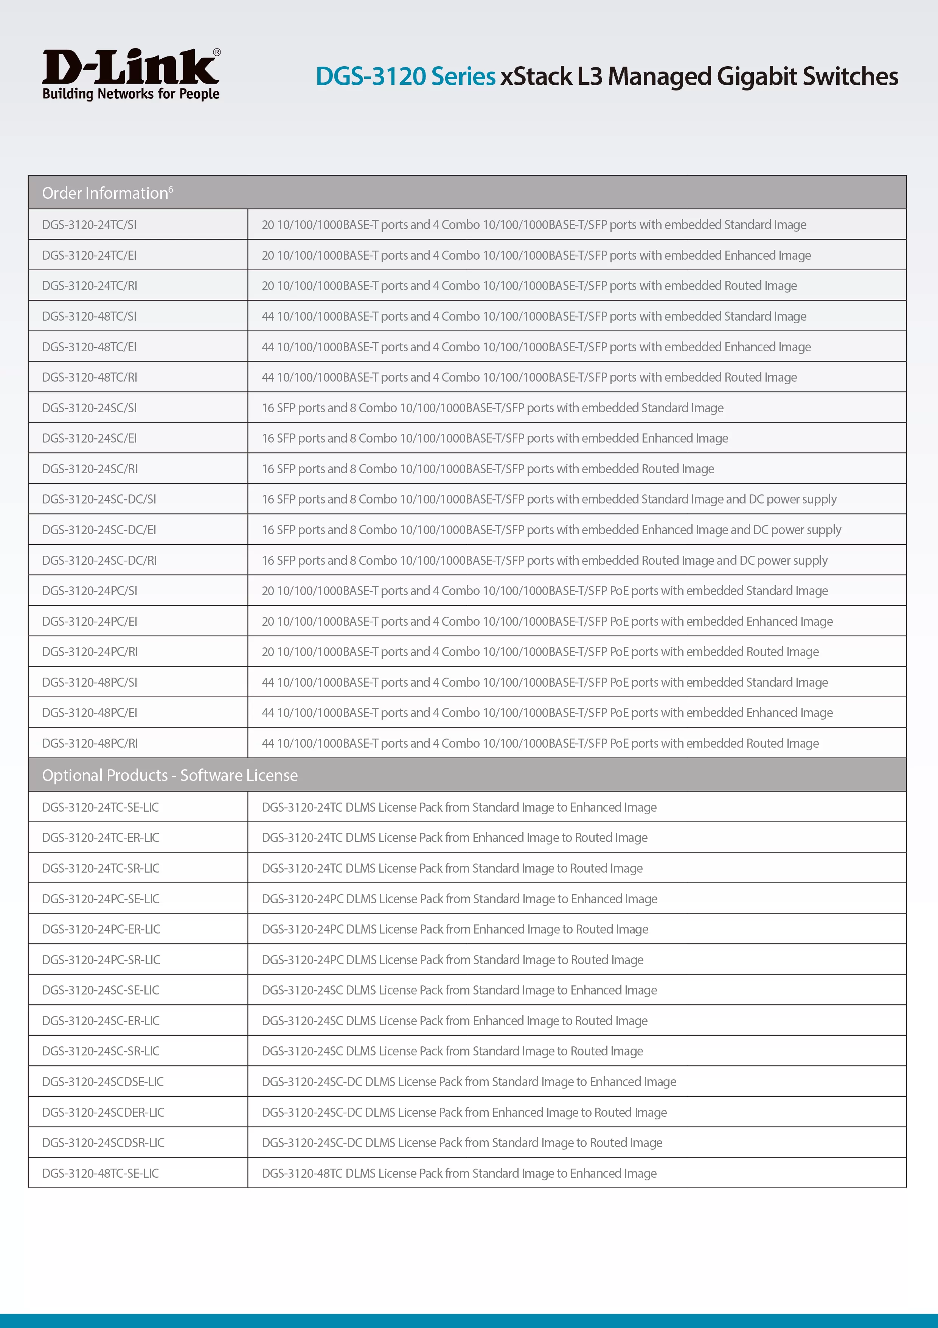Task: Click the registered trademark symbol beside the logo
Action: coord(217,52)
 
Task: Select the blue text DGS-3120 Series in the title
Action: coord(405,76)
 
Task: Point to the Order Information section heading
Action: coord(105,193)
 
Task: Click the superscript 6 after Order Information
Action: coord(171,189)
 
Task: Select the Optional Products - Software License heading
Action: coord(170,775)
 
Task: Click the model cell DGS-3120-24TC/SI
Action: coord(90,224)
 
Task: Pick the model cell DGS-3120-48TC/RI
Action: coord(90,377)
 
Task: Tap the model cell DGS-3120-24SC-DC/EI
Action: coord(99,530)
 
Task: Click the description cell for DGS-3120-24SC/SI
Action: coord(492,408)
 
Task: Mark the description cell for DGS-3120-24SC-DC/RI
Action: coord(544,561)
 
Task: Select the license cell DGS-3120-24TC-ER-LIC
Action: coord(101,837)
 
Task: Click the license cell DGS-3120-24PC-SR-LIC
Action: coord(101,960)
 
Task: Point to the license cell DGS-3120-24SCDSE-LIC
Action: coord(103,1082)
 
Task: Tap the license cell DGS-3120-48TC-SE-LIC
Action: coord(101,1173)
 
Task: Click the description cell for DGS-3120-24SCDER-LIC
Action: coord(464,1112)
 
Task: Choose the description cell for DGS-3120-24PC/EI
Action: coord(547,621)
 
